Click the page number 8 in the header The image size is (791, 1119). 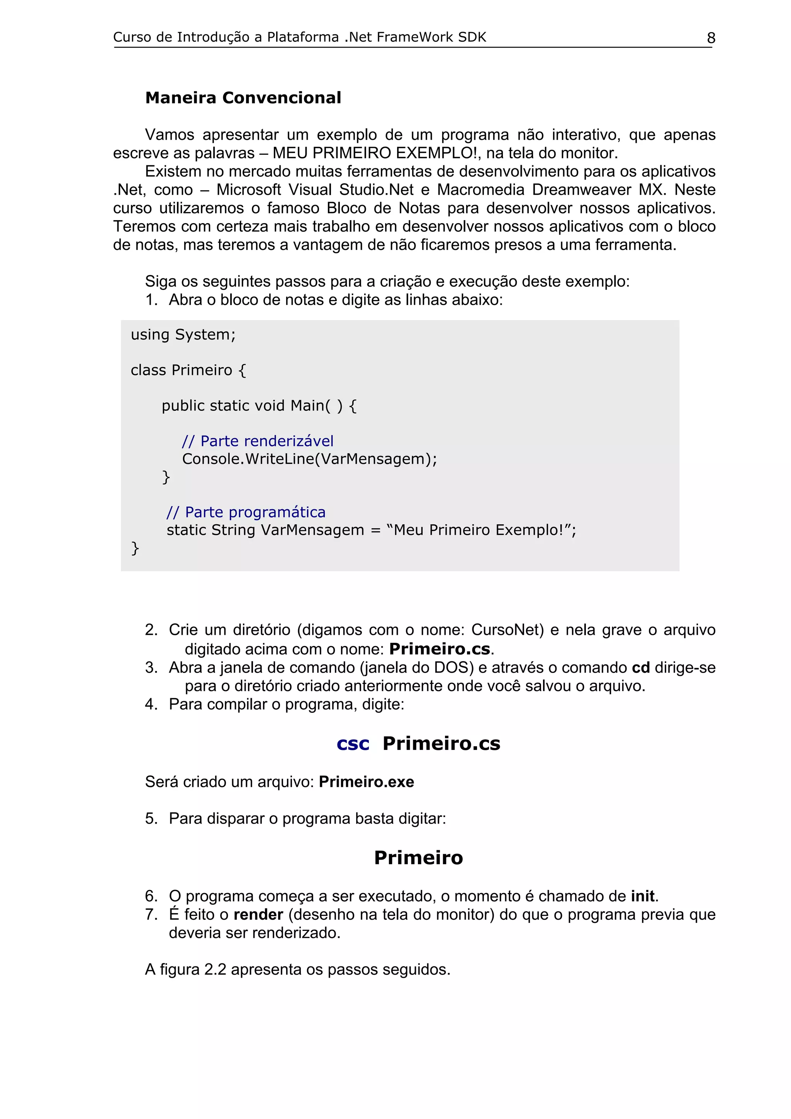711,38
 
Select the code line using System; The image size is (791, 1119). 183,335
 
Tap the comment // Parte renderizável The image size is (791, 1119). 257,441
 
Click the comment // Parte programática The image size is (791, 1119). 246,512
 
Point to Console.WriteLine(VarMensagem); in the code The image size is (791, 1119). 309,459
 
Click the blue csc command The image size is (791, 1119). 353,744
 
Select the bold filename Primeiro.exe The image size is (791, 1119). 366,782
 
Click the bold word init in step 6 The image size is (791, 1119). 642,896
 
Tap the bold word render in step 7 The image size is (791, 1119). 258,915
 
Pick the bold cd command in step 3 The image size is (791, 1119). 641,668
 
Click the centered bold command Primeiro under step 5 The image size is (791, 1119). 418,858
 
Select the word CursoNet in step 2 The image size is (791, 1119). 507,630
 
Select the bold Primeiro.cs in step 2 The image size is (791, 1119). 440,649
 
